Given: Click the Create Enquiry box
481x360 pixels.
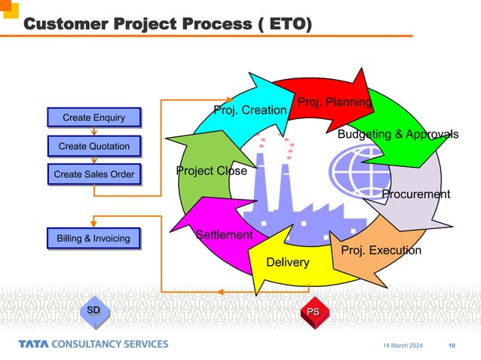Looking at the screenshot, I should (93, 117).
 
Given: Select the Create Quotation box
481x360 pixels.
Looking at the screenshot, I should (93, 145).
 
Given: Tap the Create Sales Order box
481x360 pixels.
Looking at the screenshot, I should (93, 175).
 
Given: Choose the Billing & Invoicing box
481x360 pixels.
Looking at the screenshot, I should (93, 239).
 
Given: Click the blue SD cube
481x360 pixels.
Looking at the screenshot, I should (93, 312).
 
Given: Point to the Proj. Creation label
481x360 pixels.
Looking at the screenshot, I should (250, 111).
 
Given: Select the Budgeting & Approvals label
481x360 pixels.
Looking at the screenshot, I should (397, 134).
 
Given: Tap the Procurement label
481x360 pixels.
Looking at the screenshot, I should (415, 194).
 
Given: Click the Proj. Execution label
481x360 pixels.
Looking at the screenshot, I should (381, 250).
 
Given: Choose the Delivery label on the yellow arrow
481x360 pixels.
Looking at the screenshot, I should (288, 262).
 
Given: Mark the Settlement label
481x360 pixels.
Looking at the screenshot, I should (224, 235).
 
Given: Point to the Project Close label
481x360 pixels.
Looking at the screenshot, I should (211, 171).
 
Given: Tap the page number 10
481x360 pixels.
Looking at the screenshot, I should (452, 346).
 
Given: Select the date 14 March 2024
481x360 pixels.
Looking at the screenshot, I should (403, 346).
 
